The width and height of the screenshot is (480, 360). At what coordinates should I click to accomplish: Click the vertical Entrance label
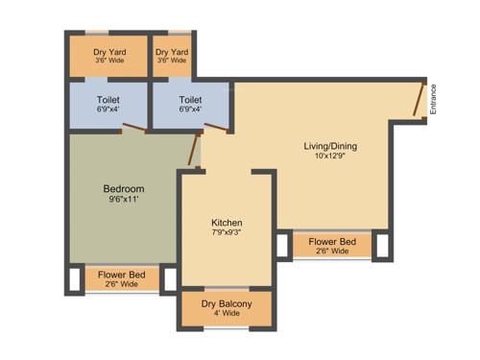coord(433,100)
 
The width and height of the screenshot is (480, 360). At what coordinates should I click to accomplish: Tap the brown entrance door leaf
coord(420,100)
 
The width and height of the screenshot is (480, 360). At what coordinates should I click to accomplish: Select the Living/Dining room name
coord(330,146)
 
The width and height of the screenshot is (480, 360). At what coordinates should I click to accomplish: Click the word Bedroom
coord(124,188)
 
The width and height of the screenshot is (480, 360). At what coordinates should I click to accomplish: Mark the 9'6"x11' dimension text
coord(124,202)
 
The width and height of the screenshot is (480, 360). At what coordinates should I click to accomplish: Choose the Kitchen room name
coord(227,223)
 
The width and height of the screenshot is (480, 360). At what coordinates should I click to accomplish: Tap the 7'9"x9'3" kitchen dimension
coord(227,233)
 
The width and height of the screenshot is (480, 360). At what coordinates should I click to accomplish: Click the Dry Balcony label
coord(227,304)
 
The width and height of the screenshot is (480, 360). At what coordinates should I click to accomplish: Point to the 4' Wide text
coord(227,316)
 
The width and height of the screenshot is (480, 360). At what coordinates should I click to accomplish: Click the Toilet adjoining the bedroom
coord(108,103)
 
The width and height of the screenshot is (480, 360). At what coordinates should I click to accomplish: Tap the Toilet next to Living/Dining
coord(190,103)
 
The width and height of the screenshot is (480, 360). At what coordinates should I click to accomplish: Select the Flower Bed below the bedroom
coord(122,278)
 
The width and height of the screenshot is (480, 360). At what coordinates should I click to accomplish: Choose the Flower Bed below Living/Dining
coord(331,246)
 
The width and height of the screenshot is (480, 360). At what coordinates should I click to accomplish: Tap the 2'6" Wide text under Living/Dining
coord(331,253)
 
